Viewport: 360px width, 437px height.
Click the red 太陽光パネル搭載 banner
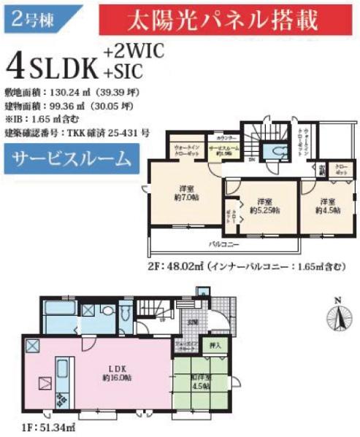pyautogui.click(x=223, y=20)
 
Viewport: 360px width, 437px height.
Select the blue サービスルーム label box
pyautogui.click(x=72, y=158)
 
